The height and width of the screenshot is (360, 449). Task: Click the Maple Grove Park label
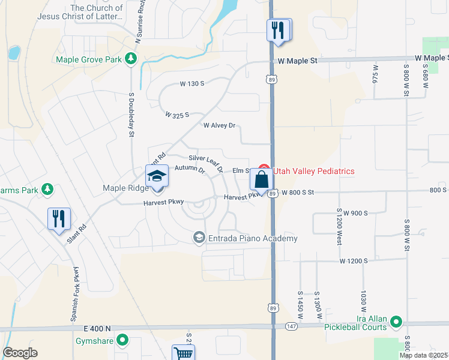(x=89, y=59)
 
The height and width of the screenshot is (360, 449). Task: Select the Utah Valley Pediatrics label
(x=313, y=171)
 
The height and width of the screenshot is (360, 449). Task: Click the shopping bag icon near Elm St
(x=262, y=179)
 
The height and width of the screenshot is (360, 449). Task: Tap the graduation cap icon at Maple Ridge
(x=157, y=176)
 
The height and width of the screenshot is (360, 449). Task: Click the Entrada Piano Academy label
(x=253, y=239)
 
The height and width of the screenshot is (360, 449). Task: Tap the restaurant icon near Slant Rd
(x=59, y=218)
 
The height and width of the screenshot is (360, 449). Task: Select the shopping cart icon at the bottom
(x=183, y=353)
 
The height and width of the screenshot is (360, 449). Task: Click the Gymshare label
(x=95, y=341)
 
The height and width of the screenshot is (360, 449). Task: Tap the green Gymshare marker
(x=123, y=341)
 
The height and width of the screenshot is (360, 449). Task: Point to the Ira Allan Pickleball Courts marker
(x=396, y=322)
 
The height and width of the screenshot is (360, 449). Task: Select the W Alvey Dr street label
(x=219, y=126)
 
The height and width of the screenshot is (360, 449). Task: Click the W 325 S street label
(x=177, y=114)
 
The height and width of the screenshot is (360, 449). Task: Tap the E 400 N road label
(x=98, y=328)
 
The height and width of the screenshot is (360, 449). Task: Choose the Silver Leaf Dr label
(x=206, y=158)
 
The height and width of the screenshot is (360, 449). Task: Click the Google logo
(x=20, y=353)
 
